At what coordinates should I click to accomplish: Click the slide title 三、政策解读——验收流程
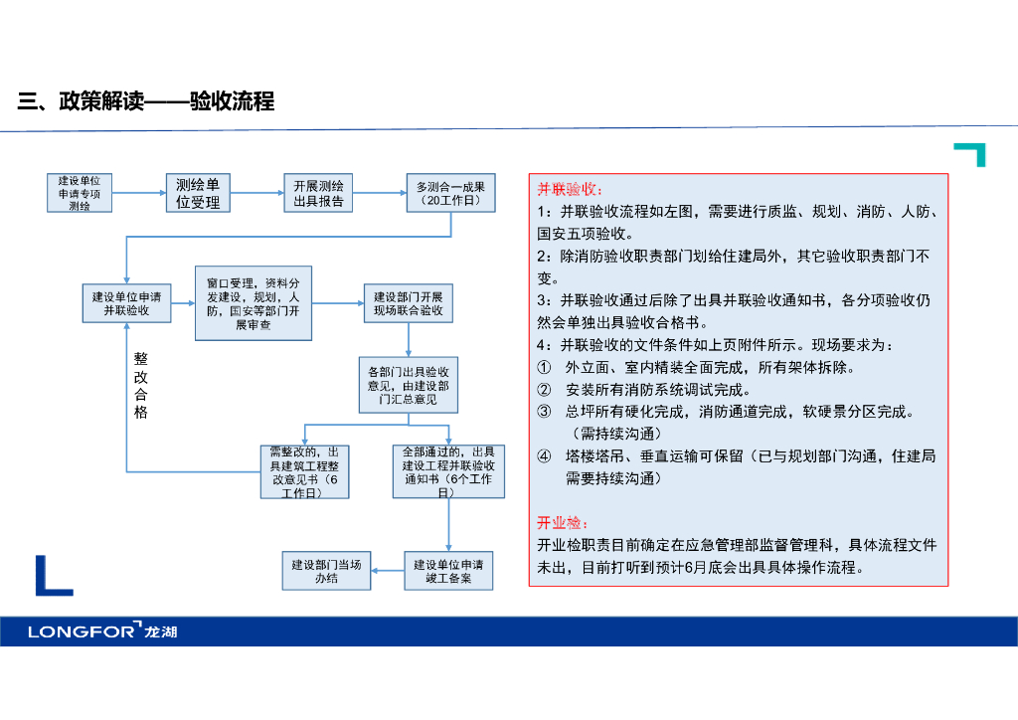(x=146, y=101)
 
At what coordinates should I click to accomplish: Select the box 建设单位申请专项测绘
(x=80, y=193)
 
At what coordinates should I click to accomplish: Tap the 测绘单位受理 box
(x=198, y=193)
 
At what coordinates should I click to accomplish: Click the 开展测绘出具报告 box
(x=318, y=193)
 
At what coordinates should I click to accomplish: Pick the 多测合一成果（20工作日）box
(x=450, y=193)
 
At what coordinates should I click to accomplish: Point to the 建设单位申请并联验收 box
(x=126, y=303)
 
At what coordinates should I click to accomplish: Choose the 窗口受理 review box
(x=254, y=303)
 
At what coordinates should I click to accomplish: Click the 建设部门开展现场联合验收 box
(x=409, y=303)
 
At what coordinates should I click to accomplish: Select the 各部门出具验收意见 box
(x=409, y=385)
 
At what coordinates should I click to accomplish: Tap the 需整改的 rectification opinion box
(x=304, y=472)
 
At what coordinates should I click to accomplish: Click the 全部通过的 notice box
(x=448, y=471)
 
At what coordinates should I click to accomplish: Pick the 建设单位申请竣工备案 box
(x=448, y=571)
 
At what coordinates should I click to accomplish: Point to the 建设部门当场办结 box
(x=326, y=571)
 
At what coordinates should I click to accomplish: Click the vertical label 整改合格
(x=141, y=385)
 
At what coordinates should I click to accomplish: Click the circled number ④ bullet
(x=544, y=456)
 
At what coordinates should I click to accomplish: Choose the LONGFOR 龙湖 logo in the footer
(x=102, y=630)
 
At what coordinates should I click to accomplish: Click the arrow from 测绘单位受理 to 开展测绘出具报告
(x=257, y=193)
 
